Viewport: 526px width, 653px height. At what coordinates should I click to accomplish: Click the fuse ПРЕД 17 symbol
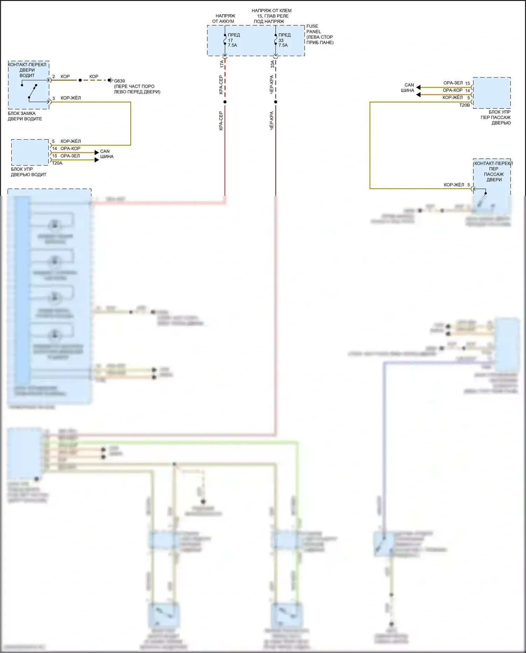225,40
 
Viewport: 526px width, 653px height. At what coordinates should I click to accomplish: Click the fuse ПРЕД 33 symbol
276,40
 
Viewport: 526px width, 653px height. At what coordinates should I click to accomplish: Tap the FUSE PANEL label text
313,29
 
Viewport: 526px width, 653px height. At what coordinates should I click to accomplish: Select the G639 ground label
119,81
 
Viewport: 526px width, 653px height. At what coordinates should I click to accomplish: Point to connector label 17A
221,64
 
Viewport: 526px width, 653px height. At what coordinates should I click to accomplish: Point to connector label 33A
272,64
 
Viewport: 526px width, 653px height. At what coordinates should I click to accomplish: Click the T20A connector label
57,163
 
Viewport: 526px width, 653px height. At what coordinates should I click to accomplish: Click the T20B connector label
464,105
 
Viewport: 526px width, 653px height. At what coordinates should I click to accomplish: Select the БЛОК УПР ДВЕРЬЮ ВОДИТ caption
28,172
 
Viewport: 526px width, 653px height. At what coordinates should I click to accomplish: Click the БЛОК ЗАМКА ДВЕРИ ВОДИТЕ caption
25,116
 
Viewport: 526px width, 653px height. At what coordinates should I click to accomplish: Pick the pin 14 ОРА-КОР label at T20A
66,148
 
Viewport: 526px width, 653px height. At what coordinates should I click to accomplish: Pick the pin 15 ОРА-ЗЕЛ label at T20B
456,83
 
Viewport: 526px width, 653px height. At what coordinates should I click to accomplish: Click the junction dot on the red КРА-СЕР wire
225,102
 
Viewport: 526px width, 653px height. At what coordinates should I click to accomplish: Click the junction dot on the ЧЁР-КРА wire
276,102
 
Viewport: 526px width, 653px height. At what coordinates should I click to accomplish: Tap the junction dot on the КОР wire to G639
80,80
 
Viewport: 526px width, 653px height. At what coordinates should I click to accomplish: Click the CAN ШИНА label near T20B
409,87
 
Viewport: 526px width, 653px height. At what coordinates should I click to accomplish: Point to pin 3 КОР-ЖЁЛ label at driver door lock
67,98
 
